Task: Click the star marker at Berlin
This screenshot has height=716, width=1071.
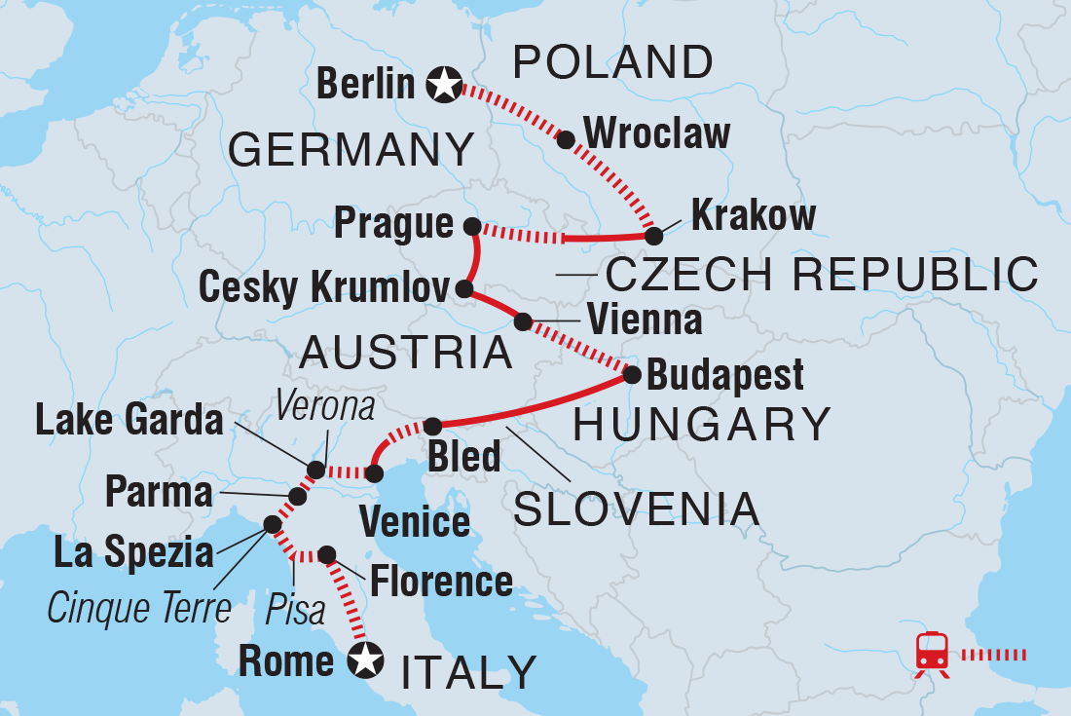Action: click(x=444, y=86)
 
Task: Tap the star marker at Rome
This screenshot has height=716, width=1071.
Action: click(x=364, y=661)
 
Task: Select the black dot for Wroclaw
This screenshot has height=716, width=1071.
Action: click(x=565, y=139)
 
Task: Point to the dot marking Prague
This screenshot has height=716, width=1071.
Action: click(x=472, y=226)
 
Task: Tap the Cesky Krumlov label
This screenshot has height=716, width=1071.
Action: click(x=325, y=288)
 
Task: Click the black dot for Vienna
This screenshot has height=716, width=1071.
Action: click(x=523, y=320)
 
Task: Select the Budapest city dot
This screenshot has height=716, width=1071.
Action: click(x=631, y=374)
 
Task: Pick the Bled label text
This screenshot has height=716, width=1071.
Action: click(x=464, y=456)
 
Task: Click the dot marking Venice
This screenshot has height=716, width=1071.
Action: click(x=374, y=473)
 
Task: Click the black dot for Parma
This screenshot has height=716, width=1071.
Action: click(x=298, y=497)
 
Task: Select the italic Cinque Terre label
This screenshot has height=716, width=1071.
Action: click(x=139, y=609)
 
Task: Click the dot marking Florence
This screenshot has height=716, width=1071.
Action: click(x=327, y=554)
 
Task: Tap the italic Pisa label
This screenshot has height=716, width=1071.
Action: click(x=296, y=613)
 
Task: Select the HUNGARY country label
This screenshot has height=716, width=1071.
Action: click(x=702, y=425)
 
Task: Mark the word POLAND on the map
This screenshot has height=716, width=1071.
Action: click(x=612, y=63)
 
